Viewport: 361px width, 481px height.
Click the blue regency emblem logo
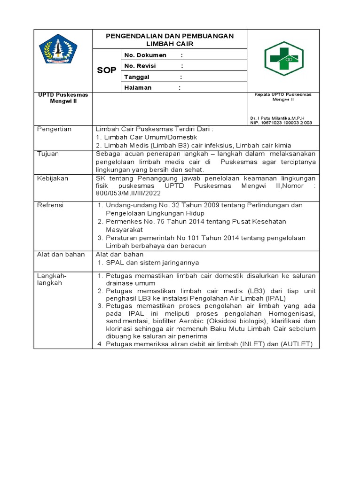point(58,49)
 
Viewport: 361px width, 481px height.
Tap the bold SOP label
point(107,70)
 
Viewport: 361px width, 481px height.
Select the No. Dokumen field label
point(145,55)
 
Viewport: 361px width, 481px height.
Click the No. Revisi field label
point(140,66)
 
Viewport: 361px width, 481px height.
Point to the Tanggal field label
point(137,77)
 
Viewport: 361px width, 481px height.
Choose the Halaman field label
point(138,88)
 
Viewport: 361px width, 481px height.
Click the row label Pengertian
point(54,129)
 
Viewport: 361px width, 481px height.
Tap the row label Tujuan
point(47,154)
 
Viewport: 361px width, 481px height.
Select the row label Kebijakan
point(52,179)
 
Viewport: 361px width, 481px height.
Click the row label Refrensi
point(50,205)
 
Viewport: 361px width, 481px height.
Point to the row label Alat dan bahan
point(61,255)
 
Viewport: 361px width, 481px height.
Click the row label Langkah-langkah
point(52,279)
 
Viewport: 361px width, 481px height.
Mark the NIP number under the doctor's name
point(280,123)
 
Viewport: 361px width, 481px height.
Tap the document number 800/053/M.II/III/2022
point(128,193)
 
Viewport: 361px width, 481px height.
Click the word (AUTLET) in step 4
point(297,344)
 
